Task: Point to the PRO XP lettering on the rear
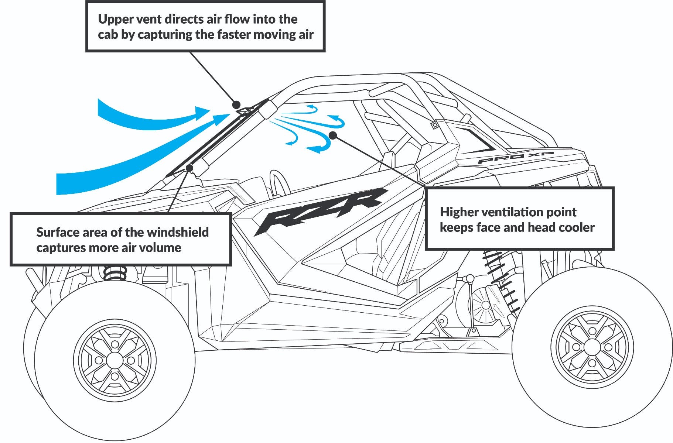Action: [515, 158]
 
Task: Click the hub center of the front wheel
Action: [115, 360]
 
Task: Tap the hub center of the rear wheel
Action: [592, 347]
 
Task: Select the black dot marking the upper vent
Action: [236, 104]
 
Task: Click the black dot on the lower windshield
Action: [189, 168]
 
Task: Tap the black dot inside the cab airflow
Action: [333, 135]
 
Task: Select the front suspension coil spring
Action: [115, 273]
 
